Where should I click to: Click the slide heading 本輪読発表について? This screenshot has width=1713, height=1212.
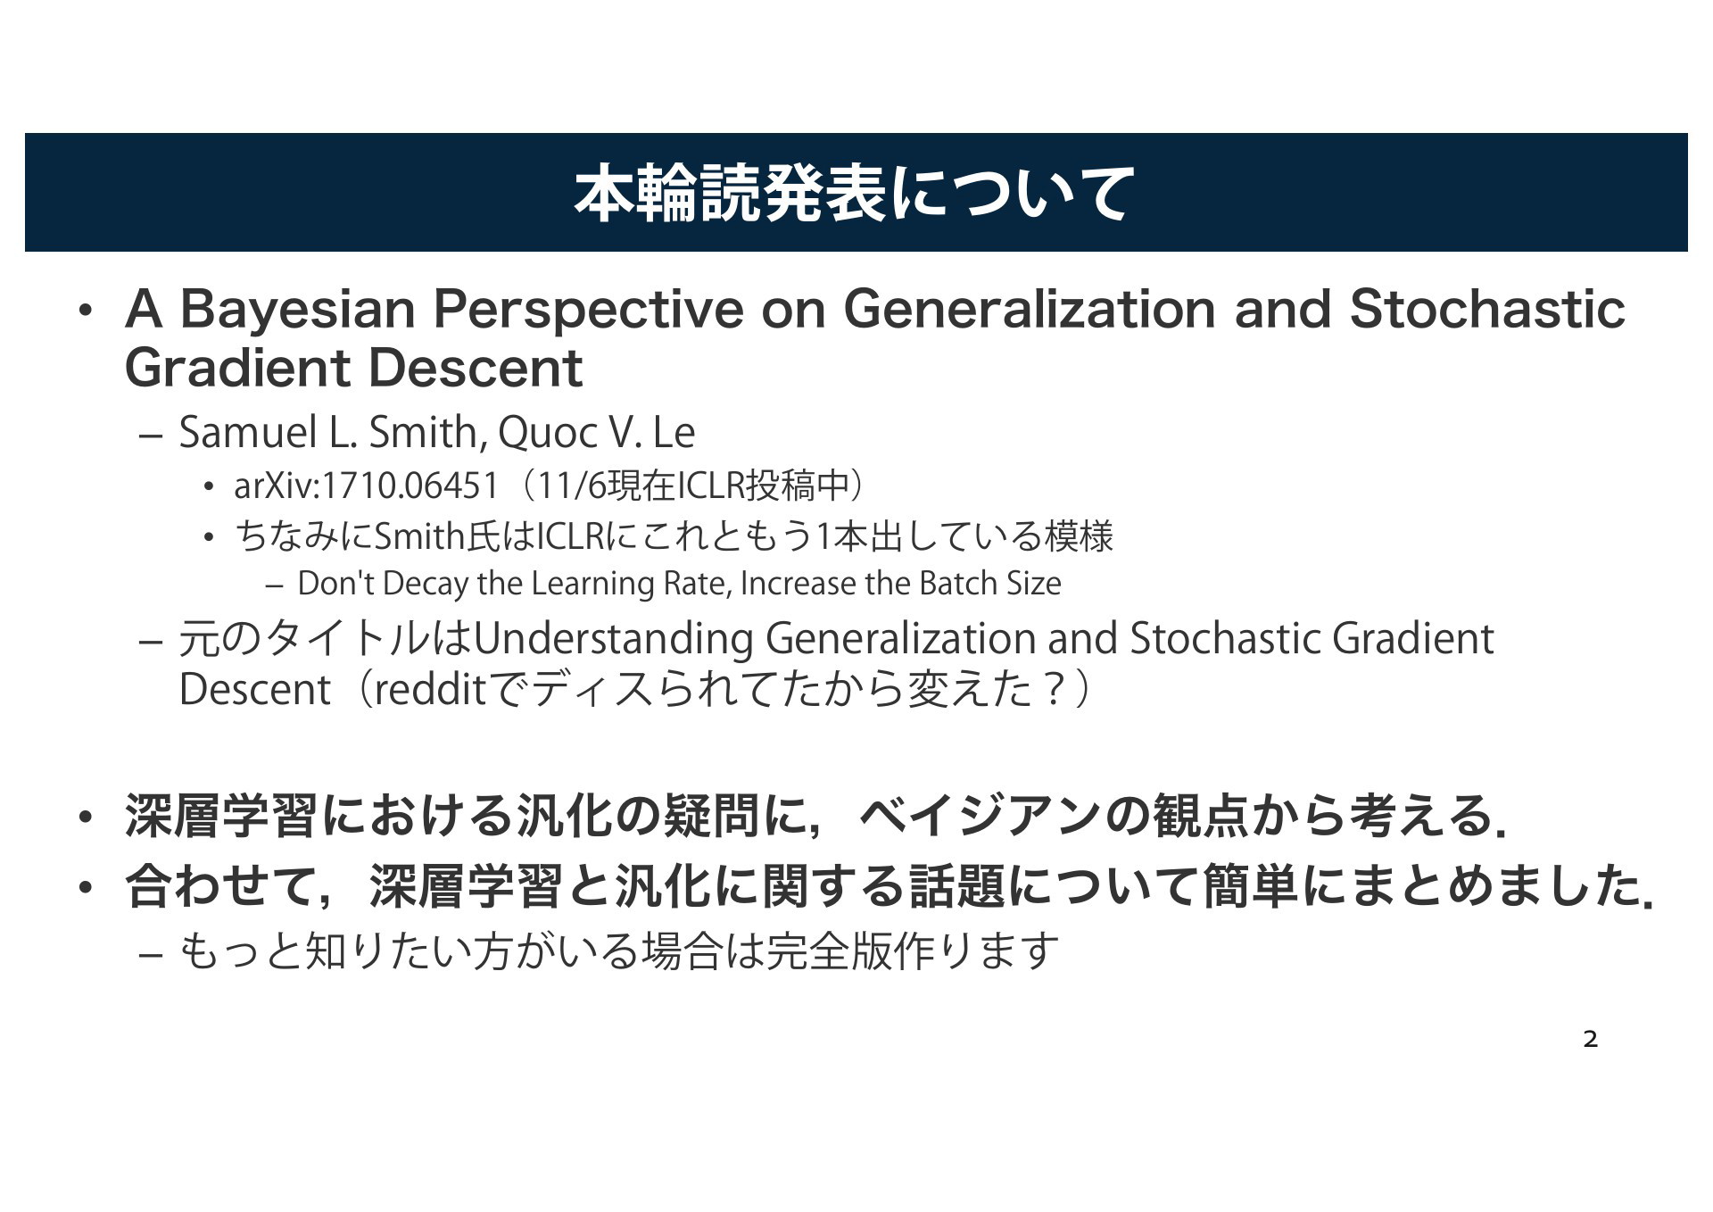pyautogui.click(x=855, y=193)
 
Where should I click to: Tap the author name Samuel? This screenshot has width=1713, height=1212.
pyautogui.click(x=248, y=433)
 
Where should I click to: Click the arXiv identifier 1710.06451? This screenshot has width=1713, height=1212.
pyautogui.click(x=410, y=486)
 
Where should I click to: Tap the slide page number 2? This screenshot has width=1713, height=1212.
pyautogui.click(x=1590, y=1039)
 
